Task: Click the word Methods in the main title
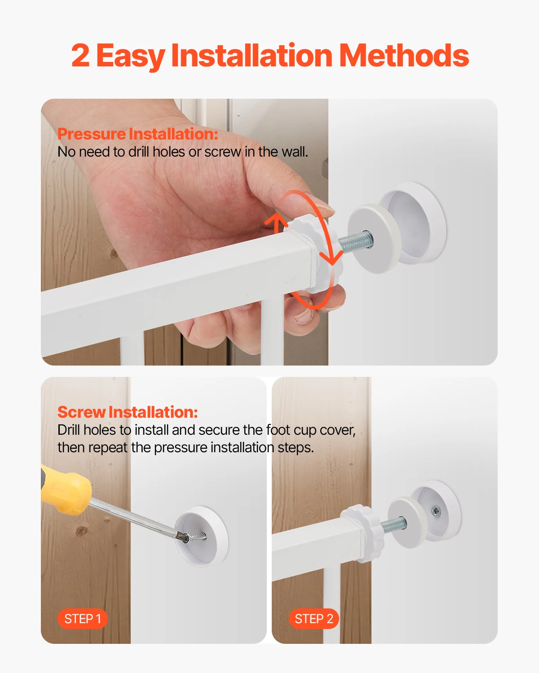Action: click(x=404, y=56)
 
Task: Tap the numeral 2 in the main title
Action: click(x=80, y=56)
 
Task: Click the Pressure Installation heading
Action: click(x=137, y=134)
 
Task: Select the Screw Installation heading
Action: click(x=128, y=412)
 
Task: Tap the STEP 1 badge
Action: click(x=83, y=619)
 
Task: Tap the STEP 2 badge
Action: click(x=314, y=619)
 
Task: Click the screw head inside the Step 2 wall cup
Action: click(x=435, y=511)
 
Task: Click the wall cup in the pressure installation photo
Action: click(x=415, y=222)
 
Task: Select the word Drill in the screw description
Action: click(x=69, y=430)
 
